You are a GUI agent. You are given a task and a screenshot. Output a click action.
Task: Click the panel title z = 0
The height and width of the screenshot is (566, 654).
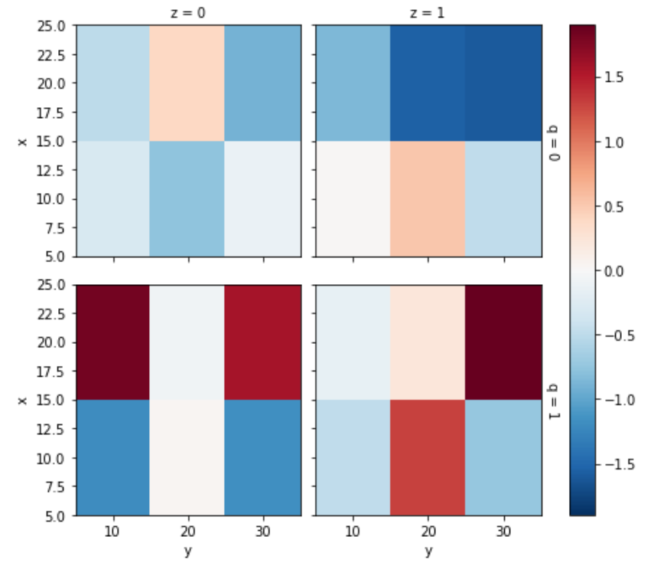click(187, 12)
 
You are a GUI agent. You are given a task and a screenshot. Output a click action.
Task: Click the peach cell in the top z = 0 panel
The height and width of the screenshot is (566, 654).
click(187, 83)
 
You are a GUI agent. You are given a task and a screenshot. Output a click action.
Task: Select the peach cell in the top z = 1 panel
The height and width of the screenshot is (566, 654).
click(428, 198)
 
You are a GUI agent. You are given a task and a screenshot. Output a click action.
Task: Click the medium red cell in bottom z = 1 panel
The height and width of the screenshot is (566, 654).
click(428, 457)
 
